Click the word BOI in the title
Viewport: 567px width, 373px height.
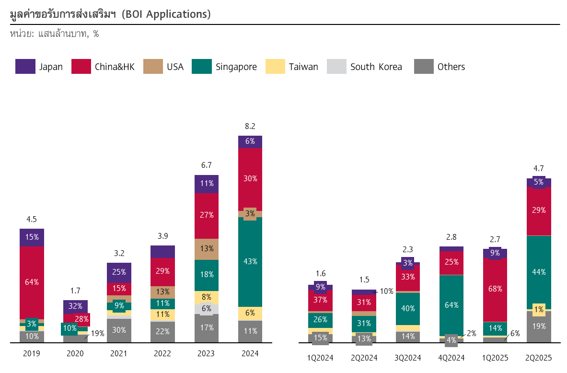pyautogui.click(x=132, y=14)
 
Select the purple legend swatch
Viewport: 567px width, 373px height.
pyautogui.click(x=25, y=66)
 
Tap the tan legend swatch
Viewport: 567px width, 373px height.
pyautogui.click(x=153, y=66)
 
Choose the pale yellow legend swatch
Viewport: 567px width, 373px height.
pyautogui.click(x=275, y=66)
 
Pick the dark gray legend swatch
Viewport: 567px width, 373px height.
pyautogui.click(x=424, y=66)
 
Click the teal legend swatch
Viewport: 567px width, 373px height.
pyautogui.click(x=201, y=66)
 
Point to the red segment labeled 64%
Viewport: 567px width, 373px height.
pyautogui.click(x=32, y=282)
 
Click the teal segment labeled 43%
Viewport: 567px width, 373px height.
pyautogui.click(x=250, y=262)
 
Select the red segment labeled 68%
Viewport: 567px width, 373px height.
pyautogui.click(x=495, y=289)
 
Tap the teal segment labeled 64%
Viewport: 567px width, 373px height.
pyautogui.click(x=451, y=305)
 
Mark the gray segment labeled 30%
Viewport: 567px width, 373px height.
pyautogui.click(x=119, y=330)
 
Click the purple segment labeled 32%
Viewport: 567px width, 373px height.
pyautogui.click(x=75, y=306)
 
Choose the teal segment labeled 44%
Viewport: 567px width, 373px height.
pyautogui.click(x=539, y=272)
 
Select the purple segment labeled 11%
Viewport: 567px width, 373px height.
pyautogui.click(x=207, y=184)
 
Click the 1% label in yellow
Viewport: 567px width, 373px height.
pyautogui.click(x=539, y=310)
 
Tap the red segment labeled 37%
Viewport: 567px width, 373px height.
pyautogui.click(x=320, y=300)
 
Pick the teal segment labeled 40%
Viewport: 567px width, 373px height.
pyautogui.click(x=408, y=308)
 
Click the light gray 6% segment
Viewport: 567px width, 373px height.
pyautogui.click(x=207, y=309)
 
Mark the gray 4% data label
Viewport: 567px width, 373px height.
pyautogui.click(x=451, y=340)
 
